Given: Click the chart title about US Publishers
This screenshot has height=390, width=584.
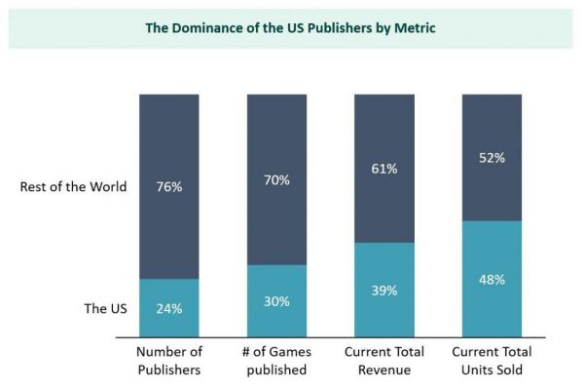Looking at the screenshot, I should click(290, 27).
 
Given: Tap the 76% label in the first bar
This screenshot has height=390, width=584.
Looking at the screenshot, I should click(168, 188).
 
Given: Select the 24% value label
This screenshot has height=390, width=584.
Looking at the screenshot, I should click(168, 308).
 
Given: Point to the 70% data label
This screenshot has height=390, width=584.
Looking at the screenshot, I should click(276, 180).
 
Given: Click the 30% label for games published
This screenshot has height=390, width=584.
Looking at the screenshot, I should click(276, 301).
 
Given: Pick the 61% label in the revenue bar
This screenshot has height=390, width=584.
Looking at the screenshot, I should click(384, 169).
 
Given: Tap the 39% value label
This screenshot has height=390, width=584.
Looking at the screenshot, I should click(384, 290).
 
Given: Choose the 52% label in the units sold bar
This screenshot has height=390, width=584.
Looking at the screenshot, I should click(493, 157).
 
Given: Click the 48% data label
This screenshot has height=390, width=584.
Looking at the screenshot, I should click(493, 280).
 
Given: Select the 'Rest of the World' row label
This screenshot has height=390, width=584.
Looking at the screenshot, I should click(73, 187).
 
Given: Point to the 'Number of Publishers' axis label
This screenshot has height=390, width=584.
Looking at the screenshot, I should click(168, 361).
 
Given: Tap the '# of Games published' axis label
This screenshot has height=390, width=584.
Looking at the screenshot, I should click(276, 361).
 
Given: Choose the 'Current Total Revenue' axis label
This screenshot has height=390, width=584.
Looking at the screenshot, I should click(384, 361).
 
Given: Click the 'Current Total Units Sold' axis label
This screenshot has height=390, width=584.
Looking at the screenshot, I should click(493, 361).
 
